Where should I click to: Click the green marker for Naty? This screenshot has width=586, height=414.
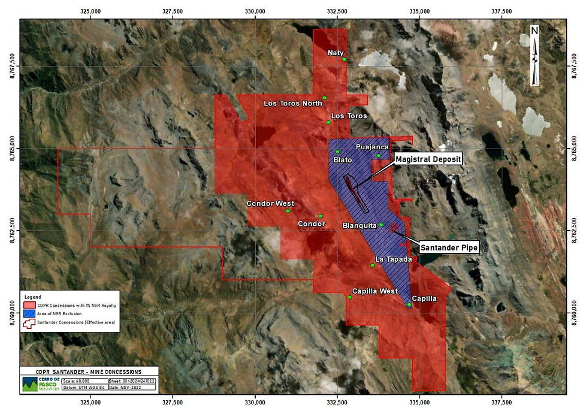345,59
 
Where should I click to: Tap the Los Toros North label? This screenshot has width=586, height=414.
293,104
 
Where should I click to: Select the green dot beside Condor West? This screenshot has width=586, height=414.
288,211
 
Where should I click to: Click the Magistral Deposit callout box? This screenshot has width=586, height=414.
428,159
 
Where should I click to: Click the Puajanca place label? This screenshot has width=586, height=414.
372,147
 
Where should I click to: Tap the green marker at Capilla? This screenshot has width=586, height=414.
409,305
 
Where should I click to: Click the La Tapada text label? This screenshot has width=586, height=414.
394,259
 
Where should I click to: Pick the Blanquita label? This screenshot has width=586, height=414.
360,225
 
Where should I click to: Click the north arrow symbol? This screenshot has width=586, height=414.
534,55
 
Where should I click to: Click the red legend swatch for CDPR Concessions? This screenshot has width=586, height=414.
28,306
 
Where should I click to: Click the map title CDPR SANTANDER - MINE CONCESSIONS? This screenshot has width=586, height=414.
88,371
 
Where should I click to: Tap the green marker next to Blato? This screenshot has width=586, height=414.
337,152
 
